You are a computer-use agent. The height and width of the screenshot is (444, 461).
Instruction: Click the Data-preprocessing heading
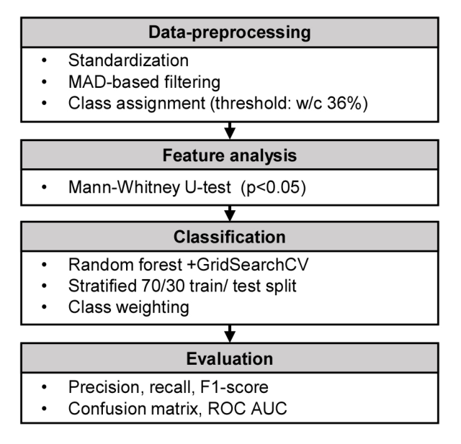tap(230, 32)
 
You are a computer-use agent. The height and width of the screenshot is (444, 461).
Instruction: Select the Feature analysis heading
tap(230, 155)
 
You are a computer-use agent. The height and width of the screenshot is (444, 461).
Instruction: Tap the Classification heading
tap(230, 237)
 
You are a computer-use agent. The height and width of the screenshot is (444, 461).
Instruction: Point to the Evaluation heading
tap(230, 359)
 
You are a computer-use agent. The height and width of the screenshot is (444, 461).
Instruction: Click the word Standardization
tap(128, 60)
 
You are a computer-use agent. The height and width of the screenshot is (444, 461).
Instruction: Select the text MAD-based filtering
tap(144, 82)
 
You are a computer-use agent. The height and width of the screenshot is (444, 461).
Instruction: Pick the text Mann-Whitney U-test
tap(150, 187)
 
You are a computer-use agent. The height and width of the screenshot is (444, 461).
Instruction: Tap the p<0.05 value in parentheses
tap(274, 187)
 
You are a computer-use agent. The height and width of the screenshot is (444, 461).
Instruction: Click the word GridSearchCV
tap(252, 265)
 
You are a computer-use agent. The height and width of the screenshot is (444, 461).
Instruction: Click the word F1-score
tap(234, 387)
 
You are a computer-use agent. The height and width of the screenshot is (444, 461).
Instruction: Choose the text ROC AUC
tap(247, 409)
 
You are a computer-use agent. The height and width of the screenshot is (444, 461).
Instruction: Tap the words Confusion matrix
tap(133, 409)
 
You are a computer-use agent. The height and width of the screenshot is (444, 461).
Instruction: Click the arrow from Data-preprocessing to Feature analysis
tap(230, 130)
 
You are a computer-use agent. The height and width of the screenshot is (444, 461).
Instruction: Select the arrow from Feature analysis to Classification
tap(230, 213)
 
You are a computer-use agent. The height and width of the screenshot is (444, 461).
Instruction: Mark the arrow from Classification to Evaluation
tap(230, 334)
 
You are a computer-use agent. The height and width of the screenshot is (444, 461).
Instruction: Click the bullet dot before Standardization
tap(45, 60)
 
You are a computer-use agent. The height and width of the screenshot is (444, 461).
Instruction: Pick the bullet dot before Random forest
tap(45, 265)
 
